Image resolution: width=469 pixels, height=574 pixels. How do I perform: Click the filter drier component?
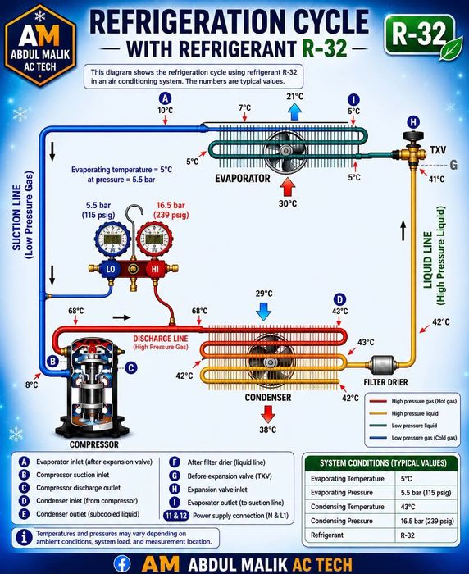click(x=383, y=365)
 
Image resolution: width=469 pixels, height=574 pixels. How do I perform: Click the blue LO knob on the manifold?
click(x=110, y=269)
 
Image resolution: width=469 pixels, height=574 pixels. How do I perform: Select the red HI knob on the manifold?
click(x=155, y=269)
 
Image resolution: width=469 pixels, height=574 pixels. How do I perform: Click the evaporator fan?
click(x=285, y=151)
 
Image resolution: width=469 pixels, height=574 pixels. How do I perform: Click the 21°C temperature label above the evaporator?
click(x=294, y=96)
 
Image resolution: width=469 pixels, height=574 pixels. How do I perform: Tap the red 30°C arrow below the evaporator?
click(x=288, y=188)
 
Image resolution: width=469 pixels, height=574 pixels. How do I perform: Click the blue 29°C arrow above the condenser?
click(x=263, y=311)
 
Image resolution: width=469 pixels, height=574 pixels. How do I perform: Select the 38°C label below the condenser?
click(x=268, y=430)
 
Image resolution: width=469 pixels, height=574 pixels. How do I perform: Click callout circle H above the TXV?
click(x=413, y=122)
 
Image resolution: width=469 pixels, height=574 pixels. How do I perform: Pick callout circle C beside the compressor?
click(x=131, y=367)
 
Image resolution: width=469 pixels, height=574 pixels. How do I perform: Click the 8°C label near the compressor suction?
click(x=31, y=385)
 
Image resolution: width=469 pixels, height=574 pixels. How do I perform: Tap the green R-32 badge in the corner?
click(x=419, y=35)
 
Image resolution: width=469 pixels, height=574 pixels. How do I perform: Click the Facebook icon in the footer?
click(x=122, y=564)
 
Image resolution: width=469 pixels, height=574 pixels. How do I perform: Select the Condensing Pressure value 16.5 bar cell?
click(x=427, y=521)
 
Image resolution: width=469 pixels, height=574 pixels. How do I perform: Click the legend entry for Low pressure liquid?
click(x=414, y=426)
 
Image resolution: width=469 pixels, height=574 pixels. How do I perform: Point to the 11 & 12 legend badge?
click(x=176, y=516)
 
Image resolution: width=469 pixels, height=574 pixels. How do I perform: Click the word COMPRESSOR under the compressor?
click(x=94, y=444)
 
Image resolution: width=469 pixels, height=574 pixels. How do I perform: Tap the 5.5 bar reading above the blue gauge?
click(x=98, y=205)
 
